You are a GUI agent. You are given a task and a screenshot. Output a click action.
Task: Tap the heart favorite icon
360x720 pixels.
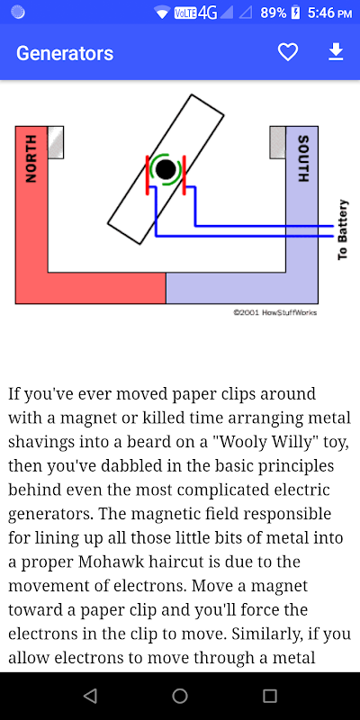(x=288, y=52)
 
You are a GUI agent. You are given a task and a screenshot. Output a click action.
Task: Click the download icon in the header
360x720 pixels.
(x=336, y=52)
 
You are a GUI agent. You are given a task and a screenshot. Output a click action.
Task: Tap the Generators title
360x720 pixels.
(x=65, y=53)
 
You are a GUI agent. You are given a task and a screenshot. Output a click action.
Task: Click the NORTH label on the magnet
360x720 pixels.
(x=31, y=158)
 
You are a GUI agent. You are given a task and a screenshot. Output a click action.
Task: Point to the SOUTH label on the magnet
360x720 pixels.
(x=303, y=158)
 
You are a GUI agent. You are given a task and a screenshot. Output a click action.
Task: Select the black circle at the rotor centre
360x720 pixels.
(x=166, y=169)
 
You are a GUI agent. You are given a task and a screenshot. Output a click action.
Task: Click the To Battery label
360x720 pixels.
(x=343, y=229)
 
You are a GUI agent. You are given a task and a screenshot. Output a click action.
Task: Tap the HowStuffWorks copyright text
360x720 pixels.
(x=275, y=312)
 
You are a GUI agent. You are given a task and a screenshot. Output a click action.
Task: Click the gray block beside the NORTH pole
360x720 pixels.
(x=56, y=142)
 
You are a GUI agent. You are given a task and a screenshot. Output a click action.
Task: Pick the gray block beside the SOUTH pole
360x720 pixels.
(x=278, y=142)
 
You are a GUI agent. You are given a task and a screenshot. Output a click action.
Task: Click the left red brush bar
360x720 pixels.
(x=148, y=175)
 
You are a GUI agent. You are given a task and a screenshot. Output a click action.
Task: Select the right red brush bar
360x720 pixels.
(x=184, y=175)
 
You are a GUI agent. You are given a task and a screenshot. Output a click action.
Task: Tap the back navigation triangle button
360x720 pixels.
(x=90, y=696)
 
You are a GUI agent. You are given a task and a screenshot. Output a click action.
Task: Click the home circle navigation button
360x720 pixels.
(x=180, y=696)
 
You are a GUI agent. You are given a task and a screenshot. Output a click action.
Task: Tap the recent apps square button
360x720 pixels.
(x=270, y=696)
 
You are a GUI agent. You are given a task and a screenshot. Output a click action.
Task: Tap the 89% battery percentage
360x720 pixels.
(x=274, y=13)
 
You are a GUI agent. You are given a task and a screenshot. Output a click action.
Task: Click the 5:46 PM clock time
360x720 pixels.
(x=329, y=13)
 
